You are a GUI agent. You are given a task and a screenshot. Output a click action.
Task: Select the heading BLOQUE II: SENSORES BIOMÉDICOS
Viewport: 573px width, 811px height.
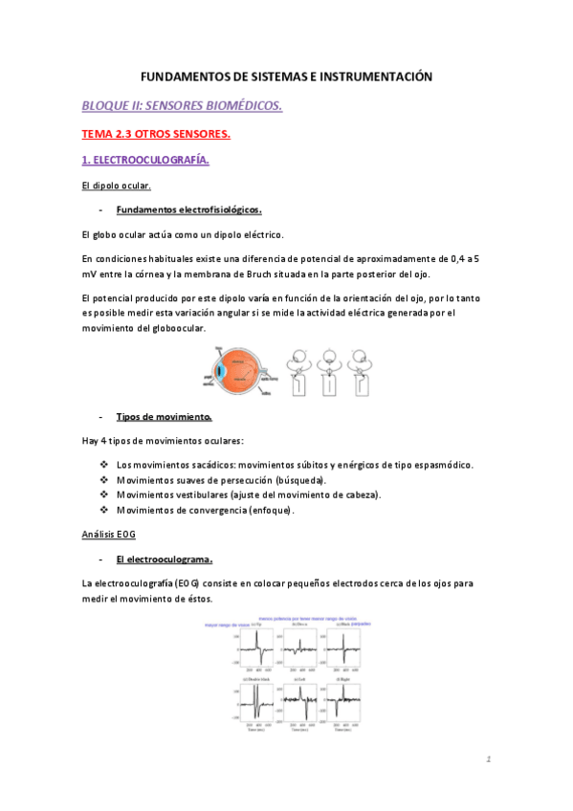coord(182,105)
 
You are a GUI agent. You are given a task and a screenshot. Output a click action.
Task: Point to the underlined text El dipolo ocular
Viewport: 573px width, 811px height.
coord(117,186)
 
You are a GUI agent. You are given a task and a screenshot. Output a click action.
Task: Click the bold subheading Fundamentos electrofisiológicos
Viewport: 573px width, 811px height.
coord(188,209)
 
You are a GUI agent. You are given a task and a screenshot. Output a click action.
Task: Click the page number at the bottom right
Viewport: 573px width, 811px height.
coord(487,760)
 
